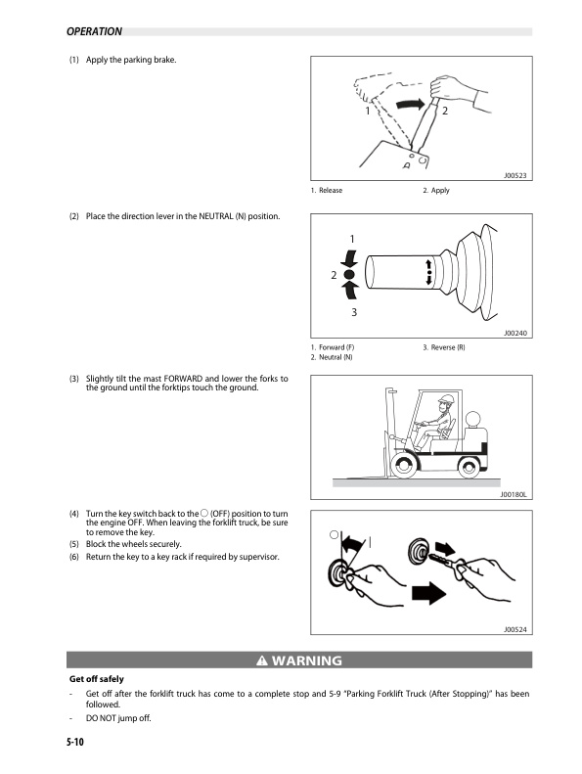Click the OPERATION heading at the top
[x=94, y=31]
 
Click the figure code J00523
[x=515, y=175]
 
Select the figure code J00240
[x=515, y=334]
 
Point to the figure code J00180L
[x=513, y=495]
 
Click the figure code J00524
[x=515, y=630]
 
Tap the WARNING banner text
[x=298, y=660]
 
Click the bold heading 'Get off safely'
[x=96, y=678]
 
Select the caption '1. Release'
[x=327, y=190]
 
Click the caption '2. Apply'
[x=436, y=190]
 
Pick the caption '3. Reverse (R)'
[x=444, y=348]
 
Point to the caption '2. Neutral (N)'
[x=332, y=358]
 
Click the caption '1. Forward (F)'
[x=332, y=348]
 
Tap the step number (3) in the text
[x=74, y=379]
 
